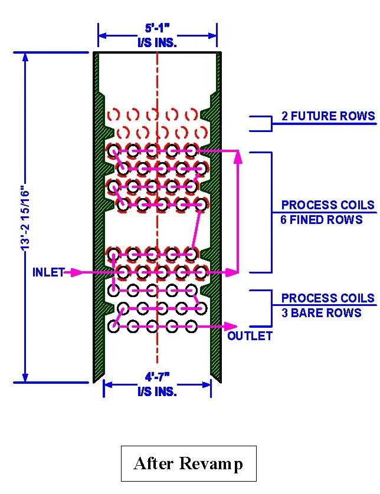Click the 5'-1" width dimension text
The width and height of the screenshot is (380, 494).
click(157, 28)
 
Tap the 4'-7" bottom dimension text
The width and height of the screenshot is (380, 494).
click(157, 376)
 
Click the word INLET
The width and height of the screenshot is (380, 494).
click(48, 272)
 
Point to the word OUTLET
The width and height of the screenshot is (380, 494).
click(250, 336)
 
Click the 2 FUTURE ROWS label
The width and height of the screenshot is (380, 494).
click(327, 116)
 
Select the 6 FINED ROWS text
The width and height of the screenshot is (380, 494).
click(321, 220)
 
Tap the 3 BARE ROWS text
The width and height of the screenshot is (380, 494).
click(321, 313)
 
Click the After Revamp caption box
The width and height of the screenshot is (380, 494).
click(188, 463)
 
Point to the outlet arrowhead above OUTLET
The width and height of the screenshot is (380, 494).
click(233, 326)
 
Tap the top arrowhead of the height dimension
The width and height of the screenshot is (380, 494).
click(25, 57)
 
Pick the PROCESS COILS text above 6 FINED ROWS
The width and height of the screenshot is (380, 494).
click(327, 205)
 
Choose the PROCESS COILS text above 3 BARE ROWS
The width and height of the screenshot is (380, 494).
click(327, 298)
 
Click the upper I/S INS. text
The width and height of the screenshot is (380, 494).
click(157, 42)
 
